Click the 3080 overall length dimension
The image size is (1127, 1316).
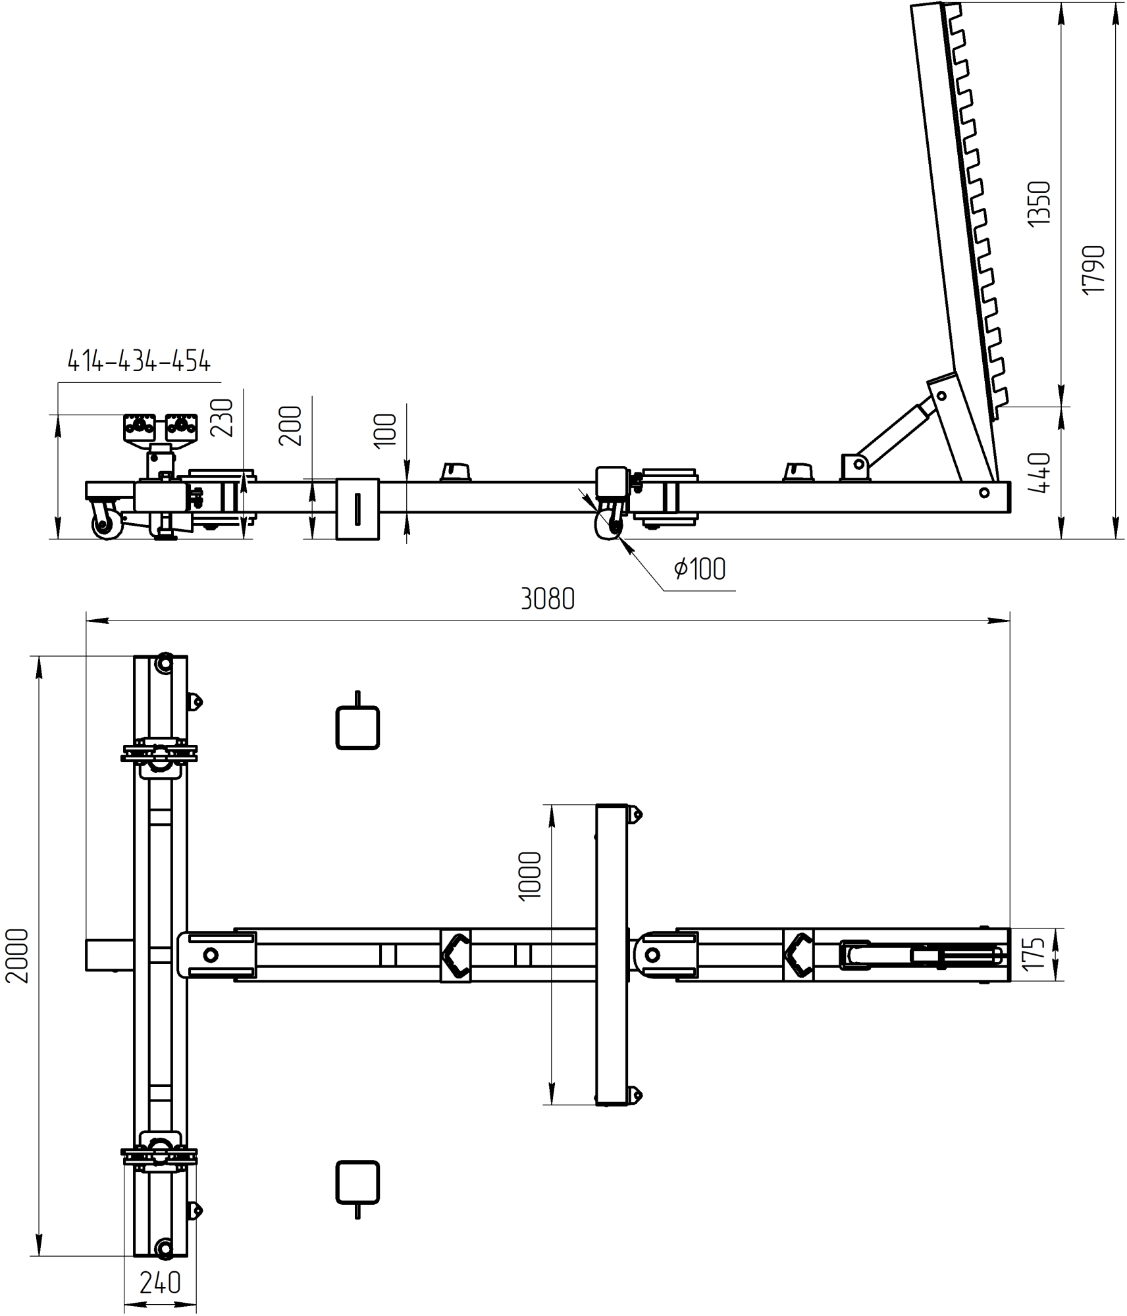[548, 599]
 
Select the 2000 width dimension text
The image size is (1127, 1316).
[17, 955]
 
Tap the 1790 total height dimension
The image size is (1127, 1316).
[1093, 270]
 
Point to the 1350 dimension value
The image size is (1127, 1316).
[1039, 204]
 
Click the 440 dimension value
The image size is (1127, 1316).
[1039, 472]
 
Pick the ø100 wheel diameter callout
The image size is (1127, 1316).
[699, 569]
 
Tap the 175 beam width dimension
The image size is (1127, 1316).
[1034, 954]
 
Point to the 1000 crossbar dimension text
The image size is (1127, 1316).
[530, 876]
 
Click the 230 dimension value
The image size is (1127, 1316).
[222, 417]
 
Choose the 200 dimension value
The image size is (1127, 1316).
[290, 426]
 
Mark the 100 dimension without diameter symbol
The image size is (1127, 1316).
[385, 431]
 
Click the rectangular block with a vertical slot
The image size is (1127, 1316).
[357, 509]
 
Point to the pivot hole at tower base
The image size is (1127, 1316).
[983, 492]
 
